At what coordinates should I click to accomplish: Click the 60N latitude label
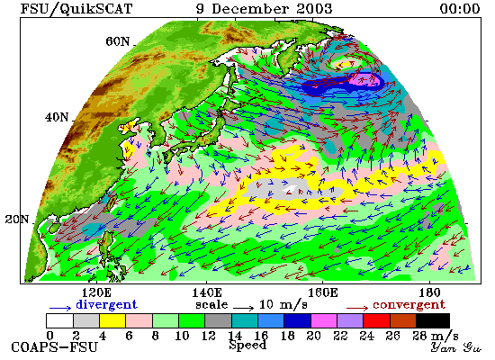(117, 41)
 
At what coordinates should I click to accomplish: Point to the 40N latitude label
(57, 118)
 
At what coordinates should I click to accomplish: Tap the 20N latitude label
(17, 220)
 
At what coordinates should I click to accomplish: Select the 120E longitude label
(96, 293)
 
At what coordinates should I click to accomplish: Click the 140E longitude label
(207, 293)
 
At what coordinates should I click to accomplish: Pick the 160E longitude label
(322, 293)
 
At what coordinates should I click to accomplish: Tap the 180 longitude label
(430, 293)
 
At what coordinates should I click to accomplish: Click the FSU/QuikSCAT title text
(76, 9)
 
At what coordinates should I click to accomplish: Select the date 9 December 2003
(264, 8)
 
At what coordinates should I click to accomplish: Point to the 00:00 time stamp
(460, 8)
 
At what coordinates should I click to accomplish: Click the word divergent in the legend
(107, 305)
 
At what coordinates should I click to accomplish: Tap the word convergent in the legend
(409, 305)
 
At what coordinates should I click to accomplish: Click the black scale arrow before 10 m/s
(243, 308)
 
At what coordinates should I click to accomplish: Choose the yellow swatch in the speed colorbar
(112, 320)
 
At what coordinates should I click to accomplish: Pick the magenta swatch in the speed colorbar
(324, 320)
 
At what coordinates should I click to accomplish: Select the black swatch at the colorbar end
(433, 320)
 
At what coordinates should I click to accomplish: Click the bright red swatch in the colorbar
(376, 320)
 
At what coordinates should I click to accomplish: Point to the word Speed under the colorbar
(247, 346)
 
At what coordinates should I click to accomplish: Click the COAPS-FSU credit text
(55, 347)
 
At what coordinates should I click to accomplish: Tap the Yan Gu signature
(455, 347)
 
